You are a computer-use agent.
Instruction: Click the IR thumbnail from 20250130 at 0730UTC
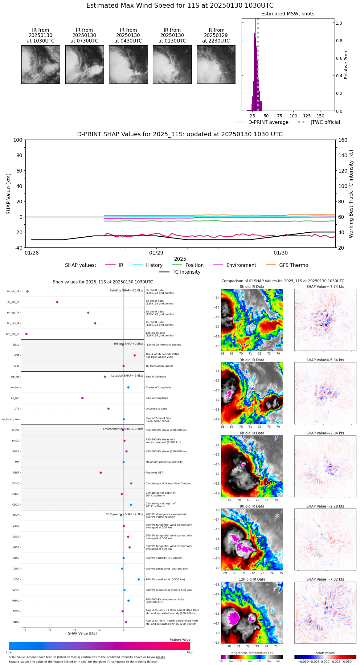click(84, 64)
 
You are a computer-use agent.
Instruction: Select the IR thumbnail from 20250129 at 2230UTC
click(216, 64)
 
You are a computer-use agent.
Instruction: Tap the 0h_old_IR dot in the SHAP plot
click(27, 291)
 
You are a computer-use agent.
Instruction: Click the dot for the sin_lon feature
click(82, 398)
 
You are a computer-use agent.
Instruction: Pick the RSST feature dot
click(100, 472)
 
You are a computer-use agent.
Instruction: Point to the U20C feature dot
click(139, 579)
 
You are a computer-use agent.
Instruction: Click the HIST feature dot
click(135, 355)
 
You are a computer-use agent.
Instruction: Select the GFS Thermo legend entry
click(293, 265)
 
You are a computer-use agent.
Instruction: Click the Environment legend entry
click(241, 265)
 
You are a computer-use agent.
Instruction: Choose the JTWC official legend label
click(325, 122)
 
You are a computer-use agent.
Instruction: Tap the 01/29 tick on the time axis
click(156, 253)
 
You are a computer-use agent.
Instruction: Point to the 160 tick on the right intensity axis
click(343, 140)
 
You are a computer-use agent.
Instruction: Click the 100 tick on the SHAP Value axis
click(18, 140)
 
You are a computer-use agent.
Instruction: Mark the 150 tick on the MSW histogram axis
click(321, 116)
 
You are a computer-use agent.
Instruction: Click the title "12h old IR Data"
click(252, 579)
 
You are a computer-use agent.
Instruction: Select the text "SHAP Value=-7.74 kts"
click(325, 287)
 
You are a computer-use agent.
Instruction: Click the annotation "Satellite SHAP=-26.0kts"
click(126, 290)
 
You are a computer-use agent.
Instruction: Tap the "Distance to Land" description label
click(156, 409)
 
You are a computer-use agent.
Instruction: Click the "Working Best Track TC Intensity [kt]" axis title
click(351, 194)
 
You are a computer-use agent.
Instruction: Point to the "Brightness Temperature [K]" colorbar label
click(252, 653)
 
